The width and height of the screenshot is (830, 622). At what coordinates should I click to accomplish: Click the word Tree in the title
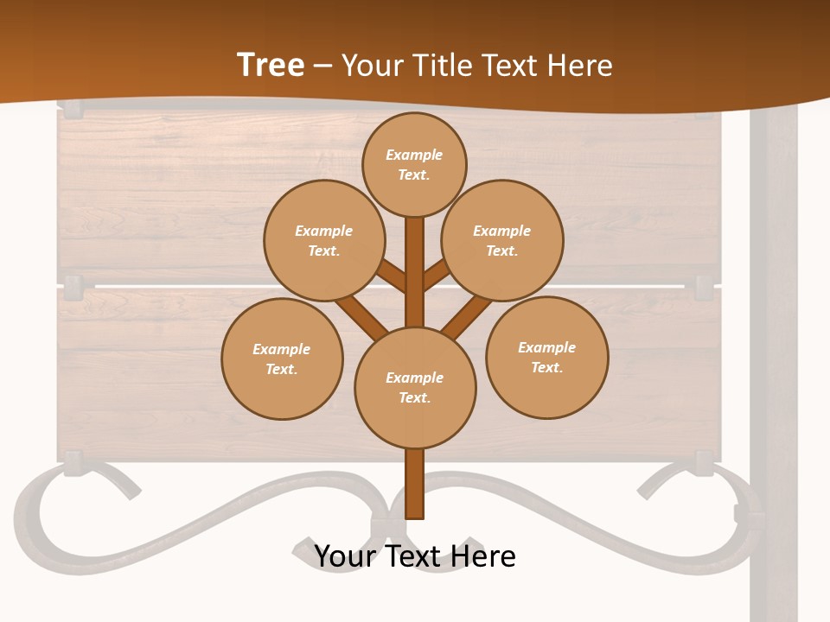click(271, 65)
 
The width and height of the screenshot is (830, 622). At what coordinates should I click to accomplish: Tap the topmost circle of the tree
click(414, 164)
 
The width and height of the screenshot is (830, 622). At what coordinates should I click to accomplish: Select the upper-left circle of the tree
click(324, 240)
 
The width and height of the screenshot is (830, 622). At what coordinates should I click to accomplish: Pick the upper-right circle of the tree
click(502, 240)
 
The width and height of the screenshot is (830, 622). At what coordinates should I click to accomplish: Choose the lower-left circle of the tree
click(282, 359)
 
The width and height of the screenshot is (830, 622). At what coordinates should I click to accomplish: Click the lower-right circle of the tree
click(546, 357)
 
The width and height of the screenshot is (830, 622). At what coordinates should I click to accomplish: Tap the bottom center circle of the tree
click(415, 387)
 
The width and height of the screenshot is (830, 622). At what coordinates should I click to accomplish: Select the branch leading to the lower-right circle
click(467, 317)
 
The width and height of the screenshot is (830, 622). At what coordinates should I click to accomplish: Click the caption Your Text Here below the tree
click(415, 556)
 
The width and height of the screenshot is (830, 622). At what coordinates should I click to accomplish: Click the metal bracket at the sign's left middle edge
click(73, 286)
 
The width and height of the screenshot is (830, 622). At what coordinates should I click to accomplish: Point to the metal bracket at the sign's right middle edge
click(705, 285)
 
